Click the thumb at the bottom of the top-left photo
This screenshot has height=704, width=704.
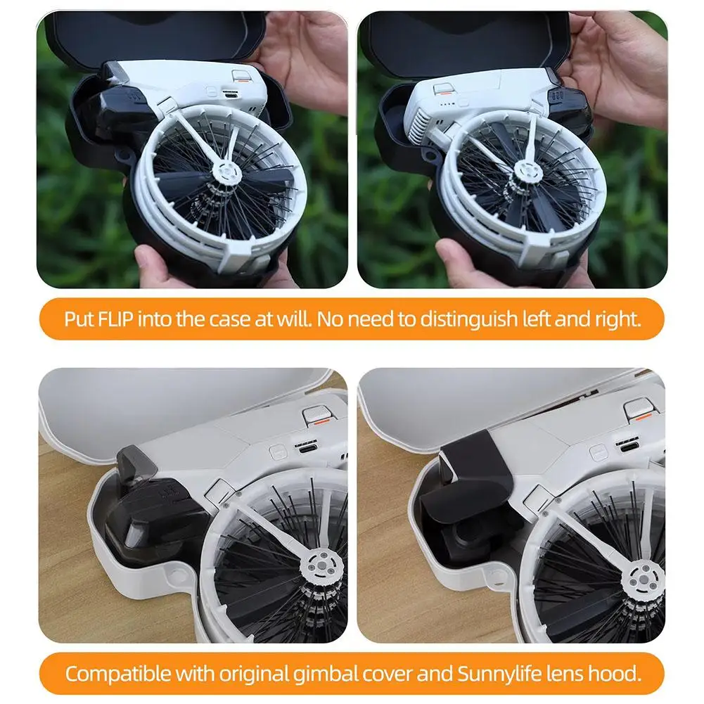click(x=153, y=264)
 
